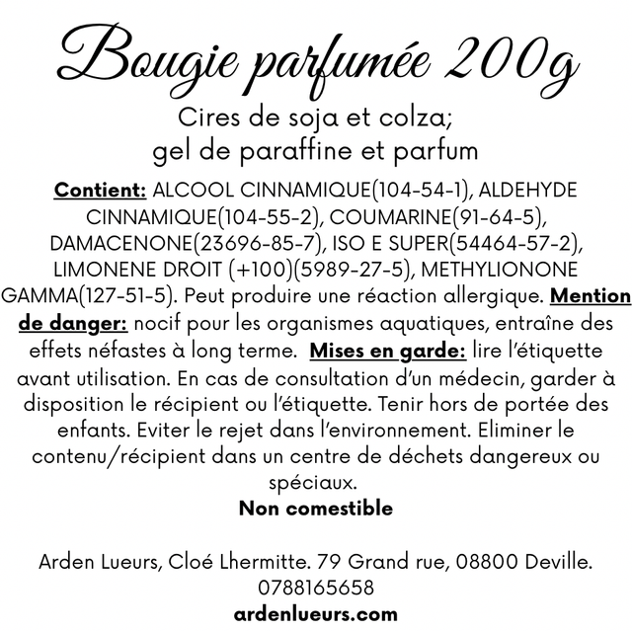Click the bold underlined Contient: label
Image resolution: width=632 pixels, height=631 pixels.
(102, 190)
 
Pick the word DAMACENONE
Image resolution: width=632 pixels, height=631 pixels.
(118, 243)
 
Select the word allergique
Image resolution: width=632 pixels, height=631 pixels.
(489, 296)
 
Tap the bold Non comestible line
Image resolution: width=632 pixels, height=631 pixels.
(316, 509)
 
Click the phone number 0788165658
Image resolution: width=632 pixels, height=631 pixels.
(316, 588)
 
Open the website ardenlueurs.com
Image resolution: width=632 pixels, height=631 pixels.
(316, 614)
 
